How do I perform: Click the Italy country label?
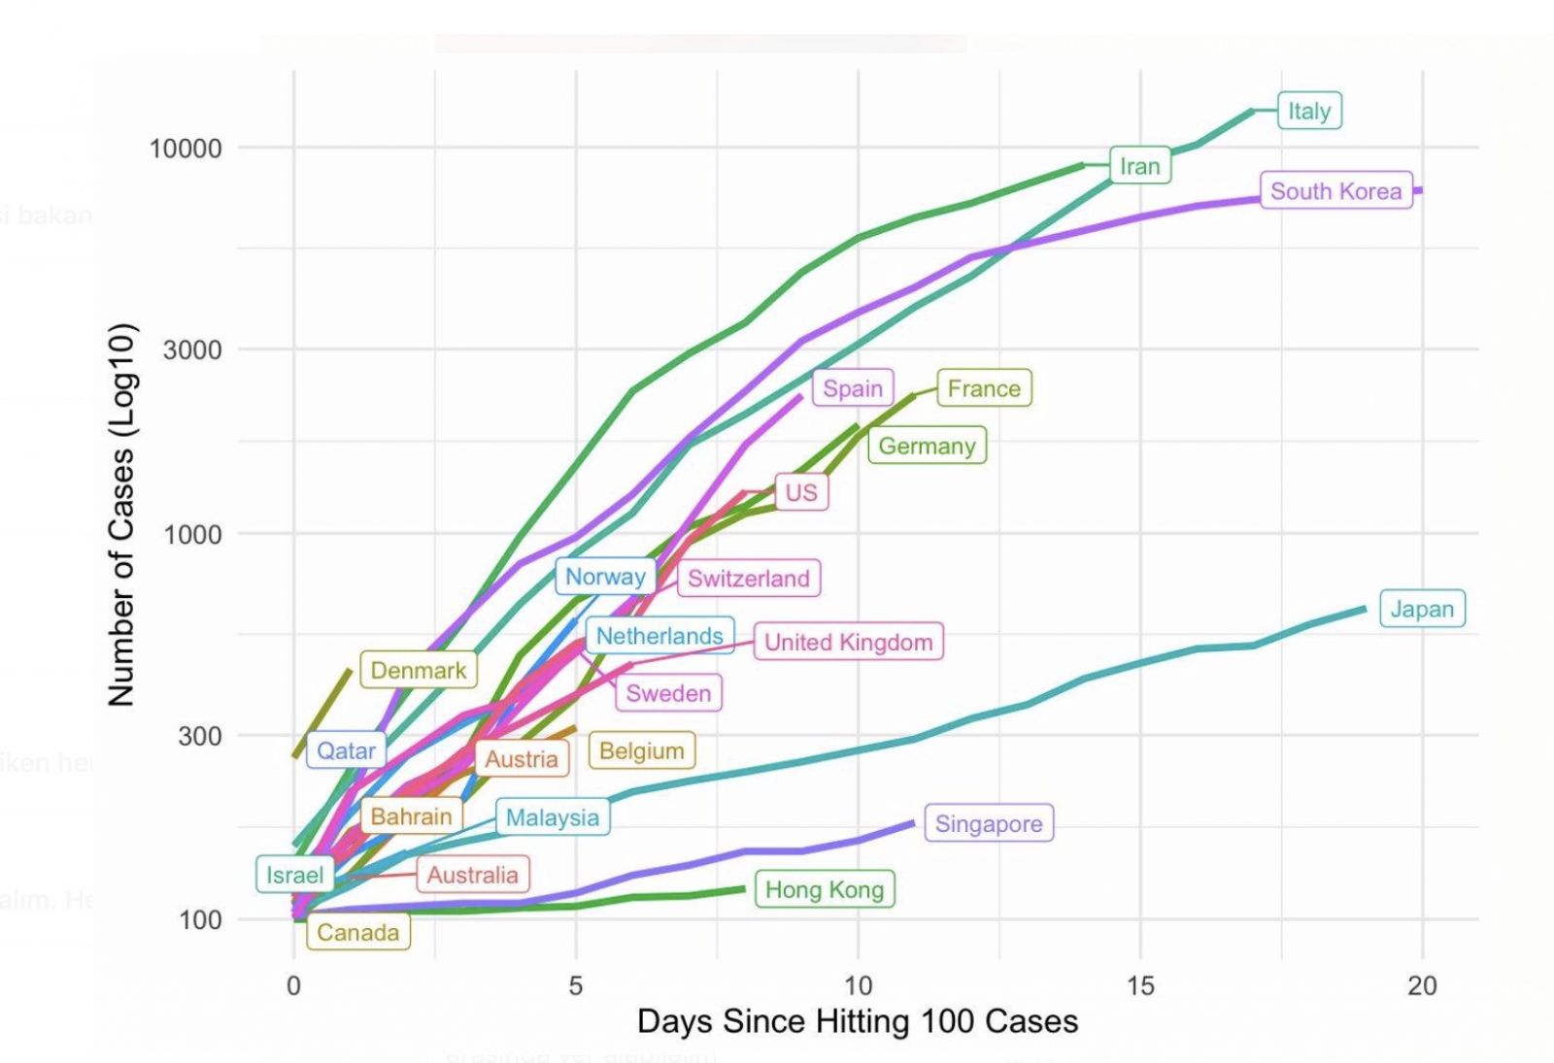1308,111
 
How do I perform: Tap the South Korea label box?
1335,191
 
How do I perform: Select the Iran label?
1139,166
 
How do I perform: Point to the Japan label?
1421,609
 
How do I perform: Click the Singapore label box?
988,823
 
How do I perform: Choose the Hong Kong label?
824,889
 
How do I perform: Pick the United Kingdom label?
848,642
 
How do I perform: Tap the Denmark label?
418,670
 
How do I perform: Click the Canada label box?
357,932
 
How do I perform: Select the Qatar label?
346,750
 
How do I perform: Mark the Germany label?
927,446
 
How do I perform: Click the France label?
984,388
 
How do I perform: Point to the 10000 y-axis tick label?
185,149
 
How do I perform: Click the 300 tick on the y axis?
199,736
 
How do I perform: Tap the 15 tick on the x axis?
1140,985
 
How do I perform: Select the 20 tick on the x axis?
1422,985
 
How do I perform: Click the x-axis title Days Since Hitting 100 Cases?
858,1021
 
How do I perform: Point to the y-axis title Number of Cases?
120,515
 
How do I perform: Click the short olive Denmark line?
322,712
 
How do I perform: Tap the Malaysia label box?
552,817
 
